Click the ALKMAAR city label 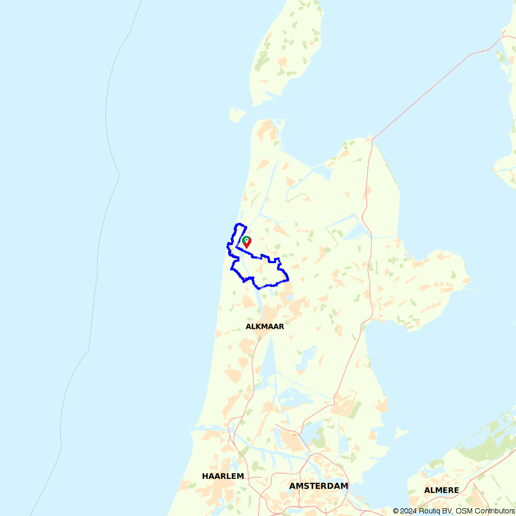point(265,327)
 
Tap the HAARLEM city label point(223,476)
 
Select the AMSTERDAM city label point(318,486)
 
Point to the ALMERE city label point(441,490)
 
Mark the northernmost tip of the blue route point(238,224)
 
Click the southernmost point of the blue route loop point(259,288)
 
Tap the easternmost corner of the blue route point(288,280)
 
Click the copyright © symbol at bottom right point(396,511)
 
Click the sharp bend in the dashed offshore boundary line point(119,174)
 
